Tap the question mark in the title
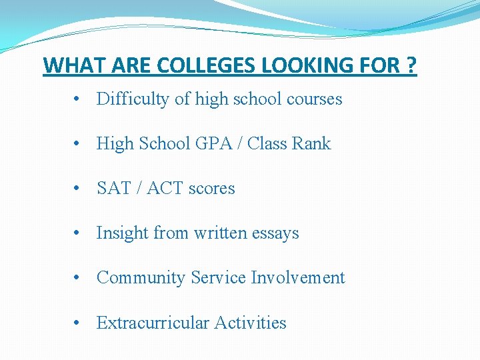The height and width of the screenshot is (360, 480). (411, 66)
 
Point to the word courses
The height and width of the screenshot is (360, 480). (314, 99)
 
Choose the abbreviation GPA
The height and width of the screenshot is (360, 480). (211, 144)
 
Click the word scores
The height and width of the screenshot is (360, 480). (211, 189)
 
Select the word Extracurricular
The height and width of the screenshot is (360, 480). (153, 323)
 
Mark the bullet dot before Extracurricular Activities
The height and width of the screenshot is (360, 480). (78, 323)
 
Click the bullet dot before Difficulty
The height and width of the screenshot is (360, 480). (78, 100)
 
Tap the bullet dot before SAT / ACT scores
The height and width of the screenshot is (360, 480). (78, 189)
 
